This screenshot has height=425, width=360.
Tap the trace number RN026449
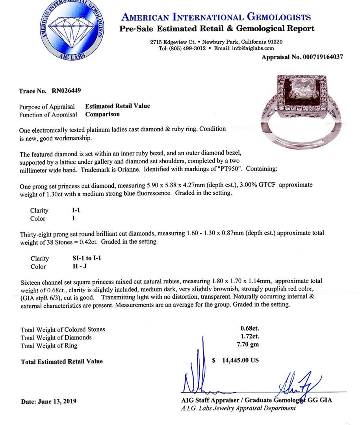click(67, 91)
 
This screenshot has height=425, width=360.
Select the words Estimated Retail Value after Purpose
click(117, 106)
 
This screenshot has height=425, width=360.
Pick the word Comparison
click(102, 115)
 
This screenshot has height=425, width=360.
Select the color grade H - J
click(76, 266)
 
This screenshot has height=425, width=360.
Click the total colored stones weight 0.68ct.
click(250, 329)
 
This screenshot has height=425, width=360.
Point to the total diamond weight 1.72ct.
click(250, 337)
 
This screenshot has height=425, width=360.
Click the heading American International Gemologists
click(216, 17)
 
